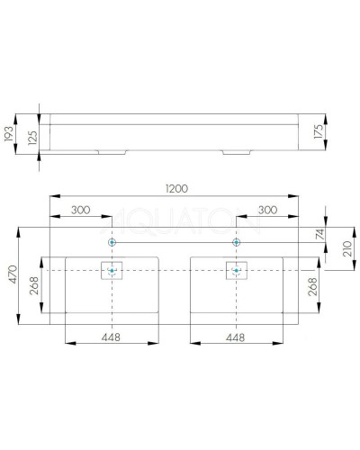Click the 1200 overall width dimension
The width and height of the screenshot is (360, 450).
175,189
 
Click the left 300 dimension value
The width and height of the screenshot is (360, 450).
80,211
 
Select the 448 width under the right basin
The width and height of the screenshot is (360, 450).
237,338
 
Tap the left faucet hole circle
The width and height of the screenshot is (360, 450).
112,242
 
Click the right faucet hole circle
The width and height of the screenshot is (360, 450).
237,242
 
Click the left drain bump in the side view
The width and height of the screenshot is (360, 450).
112,150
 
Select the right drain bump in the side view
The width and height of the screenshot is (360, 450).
237,150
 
